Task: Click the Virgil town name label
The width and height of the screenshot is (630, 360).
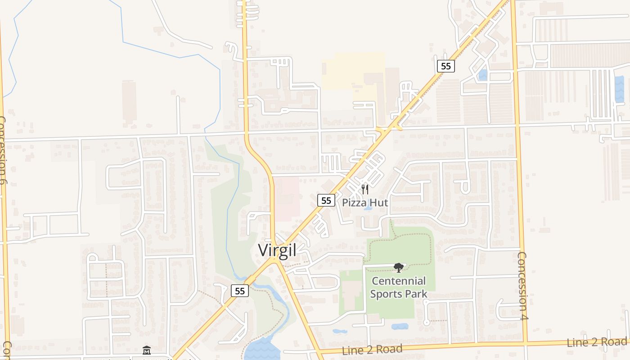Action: (277, 251)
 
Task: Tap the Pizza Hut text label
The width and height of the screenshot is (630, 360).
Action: (365, 202)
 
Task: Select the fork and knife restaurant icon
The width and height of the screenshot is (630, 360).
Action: (365, 189)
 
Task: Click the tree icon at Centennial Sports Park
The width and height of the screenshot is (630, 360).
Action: (398, 268)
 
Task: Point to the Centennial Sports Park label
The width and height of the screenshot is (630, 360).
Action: (398, 288)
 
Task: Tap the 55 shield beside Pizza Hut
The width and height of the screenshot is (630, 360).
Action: (326, 200)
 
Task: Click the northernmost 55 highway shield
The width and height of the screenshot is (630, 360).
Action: (445, 66)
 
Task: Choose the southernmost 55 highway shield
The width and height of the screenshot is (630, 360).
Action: (240, 291)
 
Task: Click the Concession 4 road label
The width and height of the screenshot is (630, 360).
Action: (522, 285)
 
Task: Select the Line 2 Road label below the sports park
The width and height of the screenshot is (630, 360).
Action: (372, 350)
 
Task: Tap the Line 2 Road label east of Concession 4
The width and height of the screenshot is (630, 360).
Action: (596, 342)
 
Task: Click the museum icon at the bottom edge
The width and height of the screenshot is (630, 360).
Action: (147, 350)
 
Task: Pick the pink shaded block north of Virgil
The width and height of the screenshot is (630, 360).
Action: (287, 198)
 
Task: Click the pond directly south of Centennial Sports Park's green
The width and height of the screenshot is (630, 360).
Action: (400, 326)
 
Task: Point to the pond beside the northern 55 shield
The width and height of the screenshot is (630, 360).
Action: (483, 75)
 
